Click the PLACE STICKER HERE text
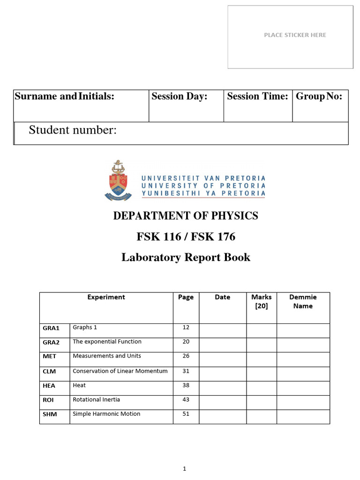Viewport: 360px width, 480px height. pos(295,35)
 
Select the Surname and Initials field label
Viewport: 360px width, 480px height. pos(65,97)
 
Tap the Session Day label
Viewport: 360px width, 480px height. pos(180,97)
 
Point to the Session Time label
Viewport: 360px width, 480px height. pos(257,97)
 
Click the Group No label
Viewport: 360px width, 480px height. pos(319,97)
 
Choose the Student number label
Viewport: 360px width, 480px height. pos(73,130)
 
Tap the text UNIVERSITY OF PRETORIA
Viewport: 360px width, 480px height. pos(203,186)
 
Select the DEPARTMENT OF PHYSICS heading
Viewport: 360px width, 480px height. pos(186,216)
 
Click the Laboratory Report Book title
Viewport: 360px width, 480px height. pos(186,257)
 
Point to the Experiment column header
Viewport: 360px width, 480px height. pos(106,297)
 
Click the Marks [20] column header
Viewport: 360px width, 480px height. pos(261,301)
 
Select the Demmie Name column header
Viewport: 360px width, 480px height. pos(303,301)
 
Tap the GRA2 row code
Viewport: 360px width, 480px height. pos(51,343)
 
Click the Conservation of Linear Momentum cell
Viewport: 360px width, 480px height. pos(120,371)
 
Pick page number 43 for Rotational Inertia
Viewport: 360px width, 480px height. pos(186,399)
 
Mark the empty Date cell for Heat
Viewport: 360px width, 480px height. pos(223,386)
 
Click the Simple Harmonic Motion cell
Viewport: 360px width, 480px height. pos(106,414)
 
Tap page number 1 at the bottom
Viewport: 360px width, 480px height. pos(185,468)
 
